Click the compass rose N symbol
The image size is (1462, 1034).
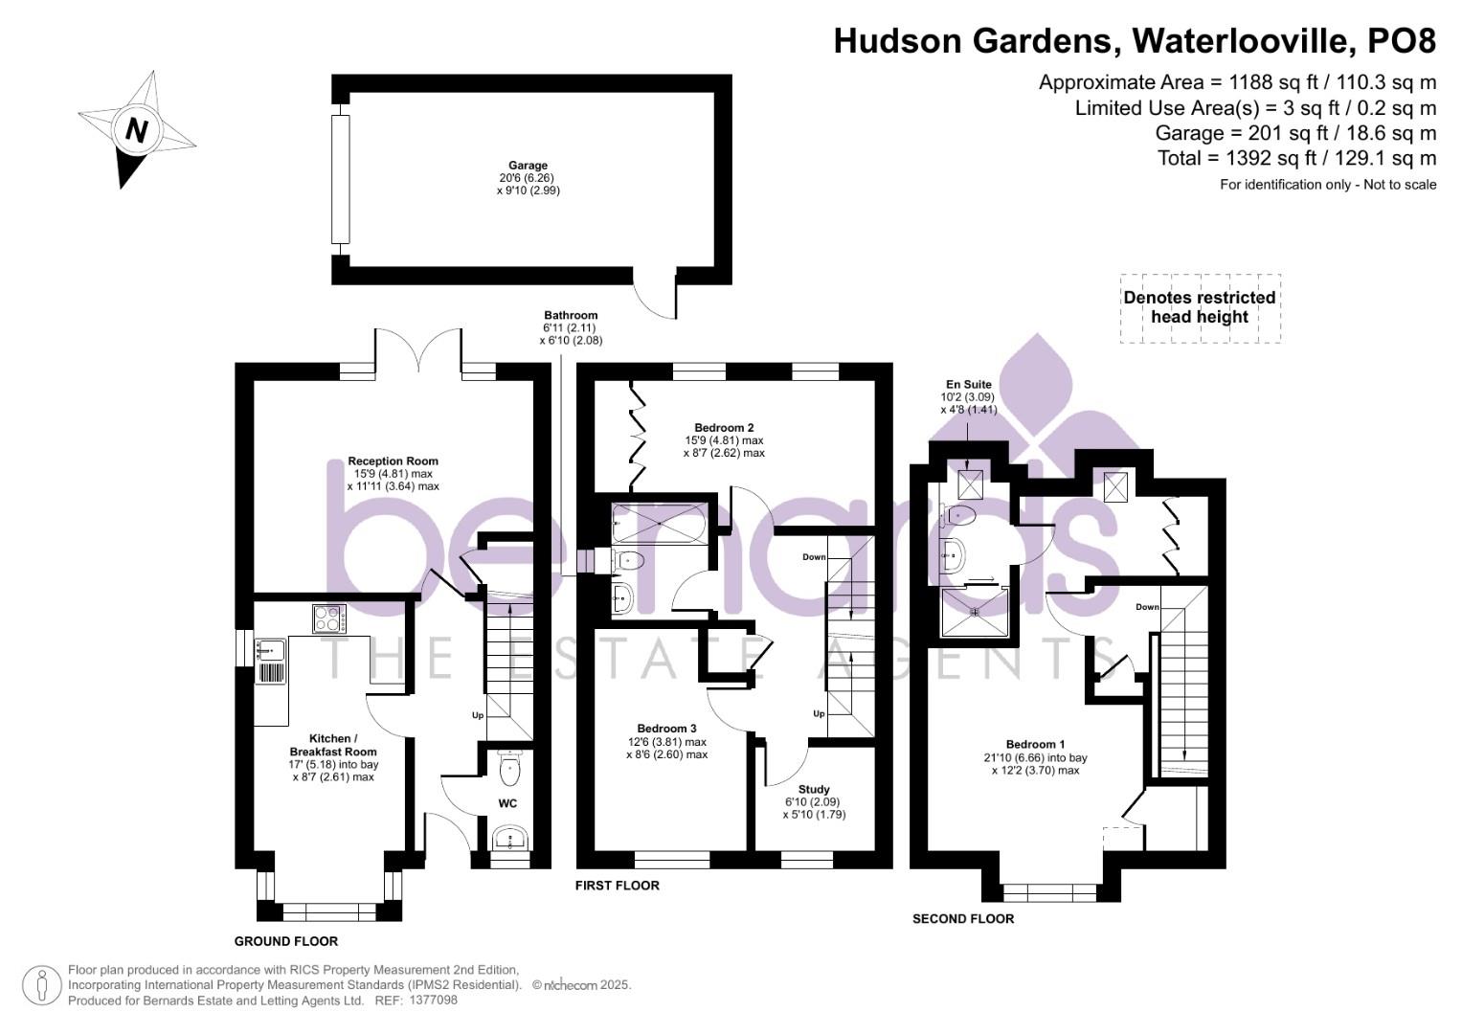coord(136,129)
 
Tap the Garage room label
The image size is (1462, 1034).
coord(528,166)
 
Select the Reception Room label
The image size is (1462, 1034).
coord(393,461)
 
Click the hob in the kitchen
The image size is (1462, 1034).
coord(328,619)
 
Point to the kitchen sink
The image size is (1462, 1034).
coord(270,651)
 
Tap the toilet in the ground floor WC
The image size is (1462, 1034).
coord(509,767)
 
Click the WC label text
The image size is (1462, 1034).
coord(507,803)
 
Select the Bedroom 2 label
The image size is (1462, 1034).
coord(724,427)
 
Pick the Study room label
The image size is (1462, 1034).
coord(814,790)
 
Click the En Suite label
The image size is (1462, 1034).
coord(968,385)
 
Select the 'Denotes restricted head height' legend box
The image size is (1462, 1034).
coord(1200,308)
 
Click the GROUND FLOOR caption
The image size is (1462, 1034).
coord(286,941)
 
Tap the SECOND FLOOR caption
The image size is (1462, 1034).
coord(962,919)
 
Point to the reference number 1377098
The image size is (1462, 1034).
coord(433,1000)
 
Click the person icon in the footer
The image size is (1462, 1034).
coord(42,985)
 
